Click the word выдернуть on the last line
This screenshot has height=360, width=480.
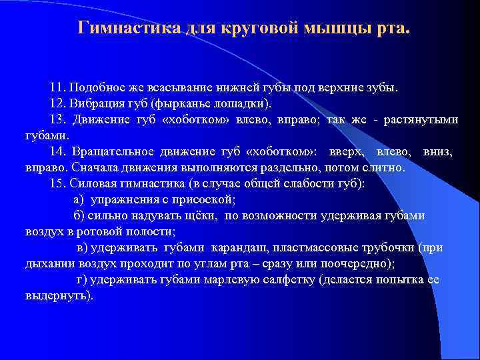point(57,295)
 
